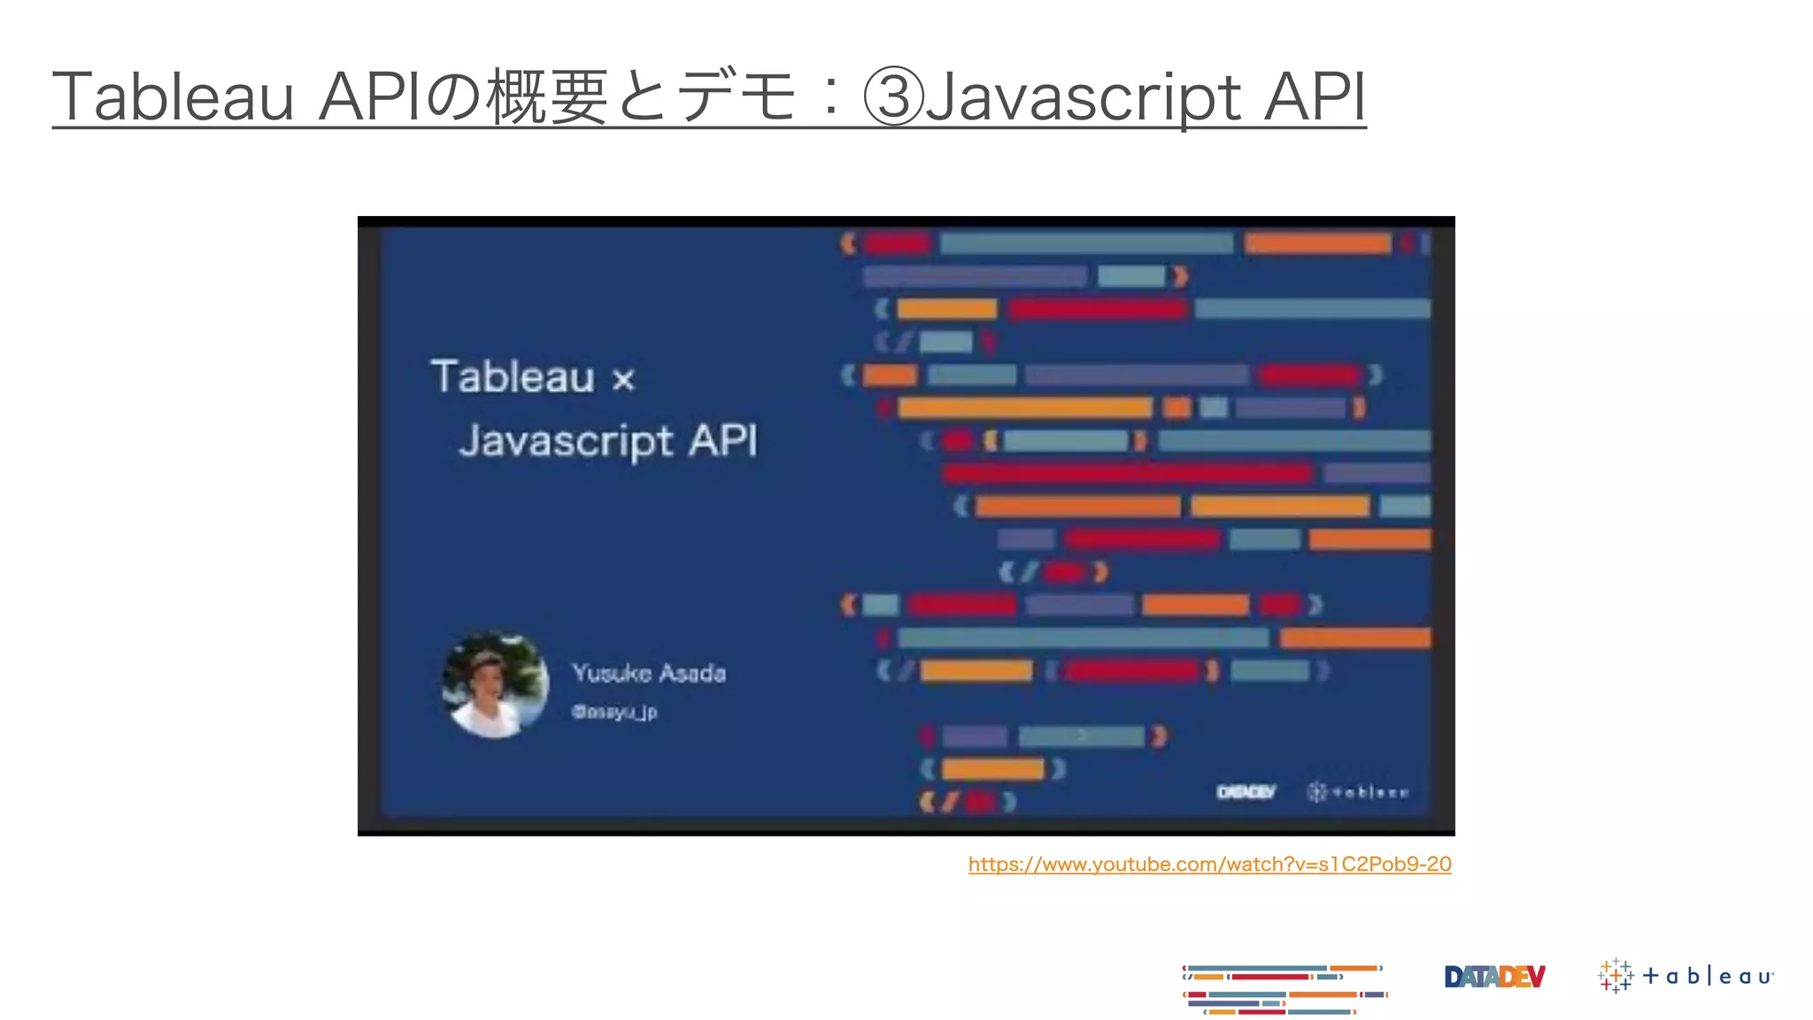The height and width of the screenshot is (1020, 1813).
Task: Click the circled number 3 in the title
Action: (x=893, y=97)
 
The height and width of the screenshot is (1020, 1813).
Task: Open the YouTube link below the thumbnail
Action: (x=1209, y=864)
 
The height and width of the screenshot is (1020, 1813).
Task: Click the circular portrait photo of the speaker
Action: (x=495, y=684)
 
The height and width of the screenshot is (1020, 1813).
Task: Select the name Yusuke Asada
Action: (x=649, y=673)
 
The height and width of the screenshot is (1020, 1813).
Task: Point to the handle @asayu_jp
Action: (x=614, y=712)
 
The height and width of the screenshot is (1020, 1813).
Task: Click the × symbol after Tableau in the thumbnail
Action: (x=624, y=380)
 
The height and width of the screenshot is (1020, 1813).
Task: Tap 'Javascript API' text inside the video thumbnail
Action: (x=608, y=441)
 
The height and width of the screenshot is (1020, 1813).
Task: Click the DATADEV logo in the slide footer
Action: (x=1494, y=977)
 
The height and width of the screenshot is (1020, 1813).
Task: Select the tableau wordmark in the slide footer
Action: (x=1708, y=977)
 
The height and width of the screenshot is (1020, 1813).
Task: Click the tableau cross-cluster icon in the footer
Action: (x=1616, y=976)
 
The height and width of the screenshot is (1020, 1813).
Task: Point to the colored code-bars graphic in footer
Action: (x=1285, y=989)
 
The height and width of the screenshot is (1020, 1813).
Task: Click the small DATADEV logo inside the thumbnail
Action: (x=1246, y=792)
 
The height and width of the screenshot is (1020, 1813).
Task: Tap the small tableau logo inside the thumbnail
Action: (x=1357, y=792)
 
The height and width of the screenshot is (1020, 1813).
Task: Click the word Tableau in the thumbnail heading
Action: (x=513, y=377)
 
